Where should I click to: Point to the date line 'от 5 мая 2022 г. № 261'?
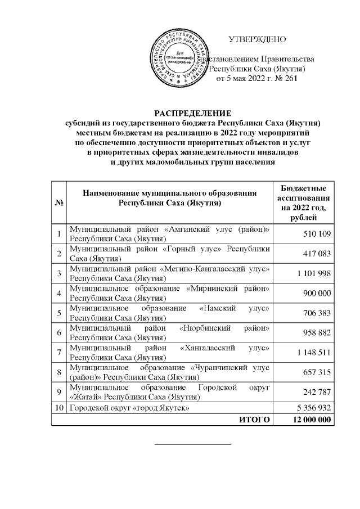(256, 79)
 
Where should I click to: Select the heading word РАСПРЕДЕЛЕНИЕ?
(193, 112)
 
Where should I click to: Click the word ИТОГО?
(254, 420)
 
